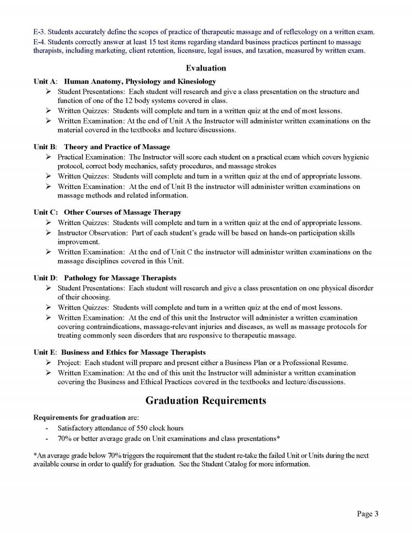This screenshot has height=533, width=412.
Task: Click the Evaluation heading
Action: (205, 68)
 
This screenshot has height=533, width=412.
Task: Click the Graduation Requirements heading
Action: (205, 401)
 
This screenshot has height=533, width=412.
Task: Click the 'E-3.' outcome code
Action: (40, 32)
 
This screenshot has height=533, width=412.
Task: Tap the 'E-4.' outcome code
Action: (40, 42)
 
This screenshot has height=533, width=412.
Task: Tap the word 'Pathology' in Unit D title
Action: (80, 278)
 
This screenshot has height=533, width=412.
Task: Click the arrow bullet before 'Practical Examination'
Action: (48, 157)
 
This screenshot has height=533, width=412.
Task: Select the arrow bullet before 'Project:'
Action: (48, 362)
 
